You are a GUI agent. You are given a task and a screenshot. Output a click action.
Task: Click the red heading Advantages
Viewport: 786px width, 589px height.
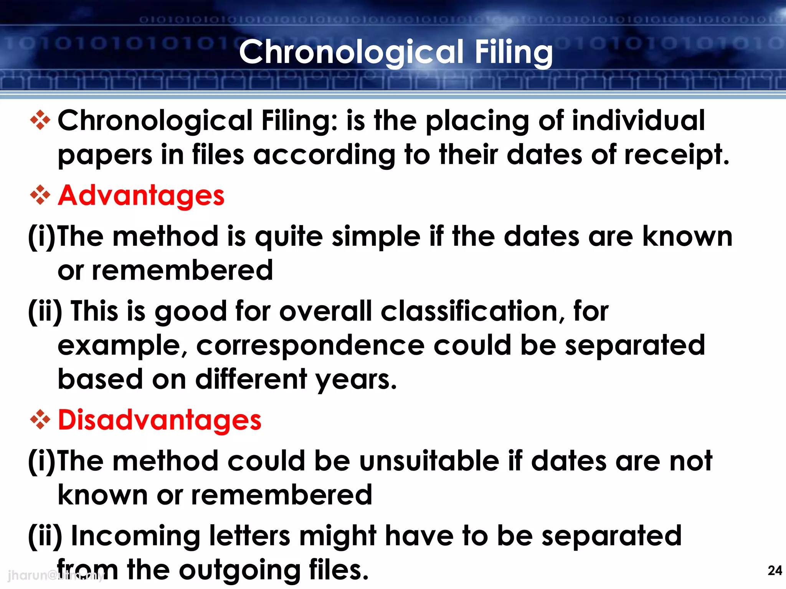pyautogui.click(x=141, y=196)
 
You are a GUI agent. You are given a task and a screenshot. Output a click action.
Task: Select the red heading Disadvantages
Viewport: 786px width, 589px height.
pyautogui.click(x=160, y=420)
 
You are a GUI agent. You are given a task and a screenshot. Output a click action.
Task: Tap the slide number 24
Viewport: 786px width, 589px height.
pyautogui.click(x=774, y=571)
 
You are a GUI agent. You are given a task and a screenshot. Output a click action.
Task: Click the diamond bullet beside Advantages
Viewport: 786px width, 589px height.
pyautogui.click(x=40, y=195)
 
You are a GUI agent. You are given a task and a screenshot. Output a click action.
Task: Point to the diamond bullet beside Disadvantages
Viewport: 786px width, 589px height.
pyautogui.click(x=40, y=420)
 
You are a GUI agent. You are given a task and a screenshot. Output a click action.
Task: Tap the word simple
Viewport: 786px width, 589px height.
pyautogui.click(x=376, y=237)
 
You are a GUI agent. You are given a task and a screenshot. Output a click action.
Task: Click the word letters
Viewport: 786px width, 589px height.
pyautogui.click(x=249, y=536)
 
